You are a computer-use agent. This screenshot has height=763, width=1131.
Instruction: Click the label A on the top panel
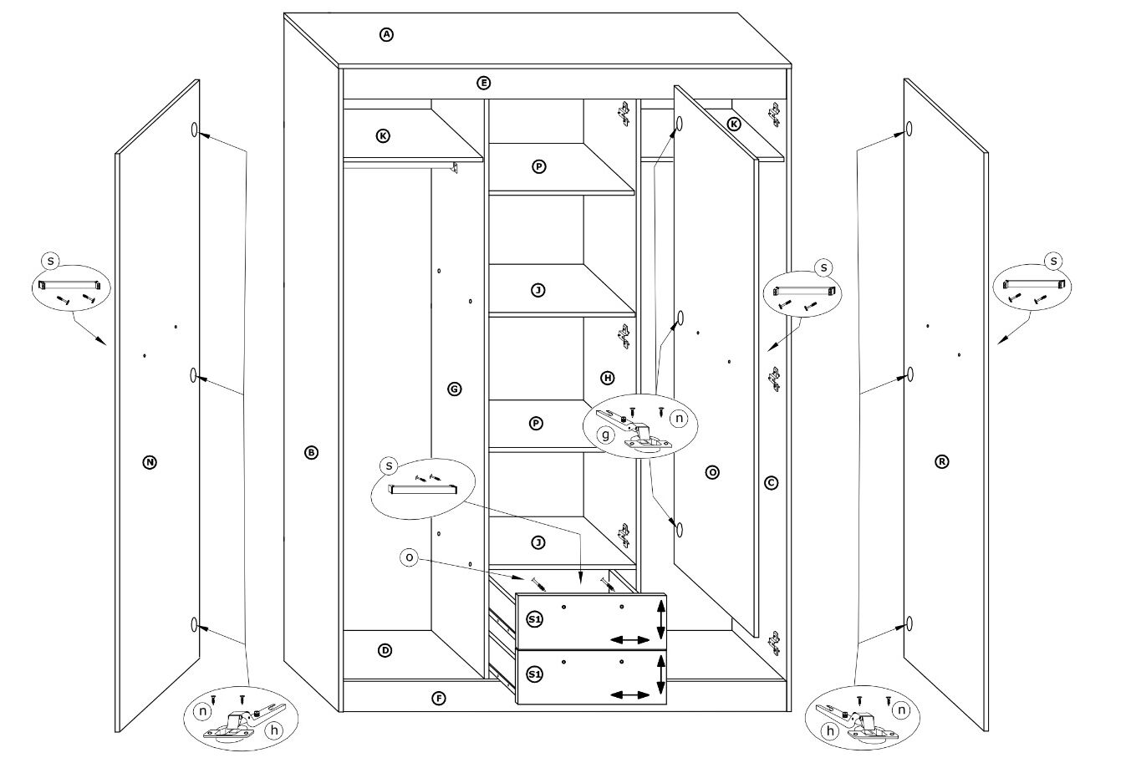(386, 34)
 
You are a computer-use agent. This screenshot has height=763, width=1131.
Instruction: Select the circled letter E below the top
(484, 83)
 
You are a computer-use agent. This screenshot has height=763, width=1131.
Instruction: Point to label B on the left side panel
(312, 452)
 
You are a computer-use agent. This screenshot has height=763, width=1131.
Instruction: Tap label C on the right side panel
(771, 483)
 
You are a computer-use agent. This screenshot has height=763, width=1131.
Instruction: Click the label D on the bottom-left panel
(385, 650)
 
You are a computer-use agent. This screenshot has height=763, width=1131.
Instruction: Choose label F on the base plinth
(439, 699)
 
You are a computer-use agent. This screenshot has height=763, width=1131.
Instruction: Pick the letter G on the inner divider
(455, 389)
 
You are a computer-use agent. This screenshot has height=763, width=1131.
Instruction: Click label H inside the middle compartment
(608, 378)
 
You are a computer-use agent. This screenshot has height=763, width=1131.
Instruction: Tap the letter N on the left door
(150, 462)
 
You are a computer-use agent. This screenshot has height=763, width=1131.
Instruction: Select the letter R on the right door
(941, 461)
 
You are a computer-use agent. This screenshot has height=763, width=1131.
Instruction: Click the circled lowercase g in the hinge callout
(605, 435)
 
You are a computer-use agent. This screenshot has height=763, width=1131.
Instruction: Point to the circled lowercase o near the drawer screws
(409, 557)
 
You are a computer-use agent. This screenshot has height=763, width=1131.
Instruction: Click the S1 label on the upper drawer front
(534, 619)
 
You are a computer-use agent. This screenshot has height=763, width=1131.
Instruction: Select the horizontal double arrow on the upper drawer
(629, 640)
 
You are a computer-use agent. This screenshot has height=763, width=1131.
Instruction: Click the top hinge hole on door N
(195, 130)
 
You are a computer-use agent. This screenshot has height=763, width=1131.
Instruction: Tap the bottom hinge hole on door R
(909, 623)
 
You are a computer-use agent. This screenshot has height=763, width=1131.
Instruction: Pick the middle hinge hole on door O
(680, 318)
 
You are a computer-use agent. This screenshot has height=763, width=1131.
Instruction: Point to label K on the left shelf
(383, 135)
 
